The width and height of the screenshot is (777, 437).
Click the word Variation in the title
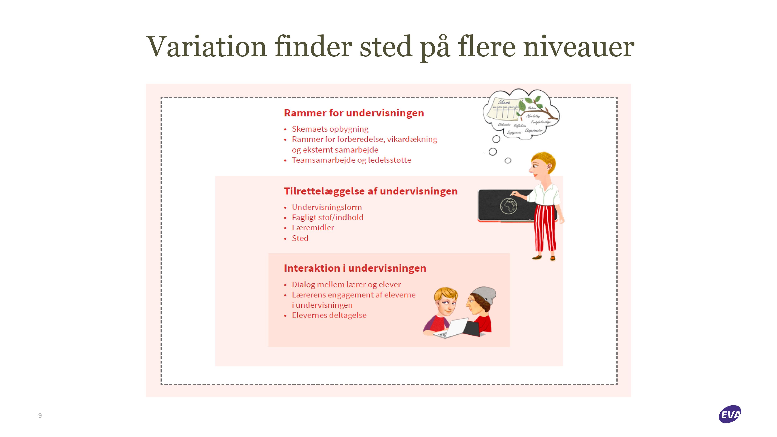tap(206, 47)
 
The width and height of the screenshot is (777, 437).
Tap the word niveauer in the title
tap(579, 47)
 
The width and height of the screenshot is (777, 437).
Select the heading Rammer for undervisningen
tap(354, 113)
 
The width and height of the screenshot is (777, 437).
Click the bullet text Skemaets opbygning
tap(330, 129)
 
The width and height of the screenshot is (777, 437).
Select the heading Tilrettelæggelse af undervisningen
tap(371, 191)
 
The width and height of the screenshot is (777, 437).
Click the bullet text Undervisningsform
tap(327, 207)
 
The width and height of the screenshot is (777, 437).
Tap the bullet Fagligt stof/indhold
tap(328, 217)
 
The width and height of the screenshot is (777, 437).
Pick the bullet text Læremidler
tap(313, 228)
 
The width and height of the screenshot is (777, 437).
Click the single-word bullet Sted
tap(300, 238)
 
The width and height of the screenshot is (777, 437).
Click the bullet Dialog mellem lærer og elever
tap(346, 285)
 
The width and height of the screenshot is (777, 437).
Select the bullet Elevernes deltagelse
tap(329, 315)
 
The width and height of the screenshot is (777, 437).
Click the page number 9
tap(40, 416)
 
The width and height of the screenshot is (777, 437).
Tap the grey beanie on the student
tap(484, 296)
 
